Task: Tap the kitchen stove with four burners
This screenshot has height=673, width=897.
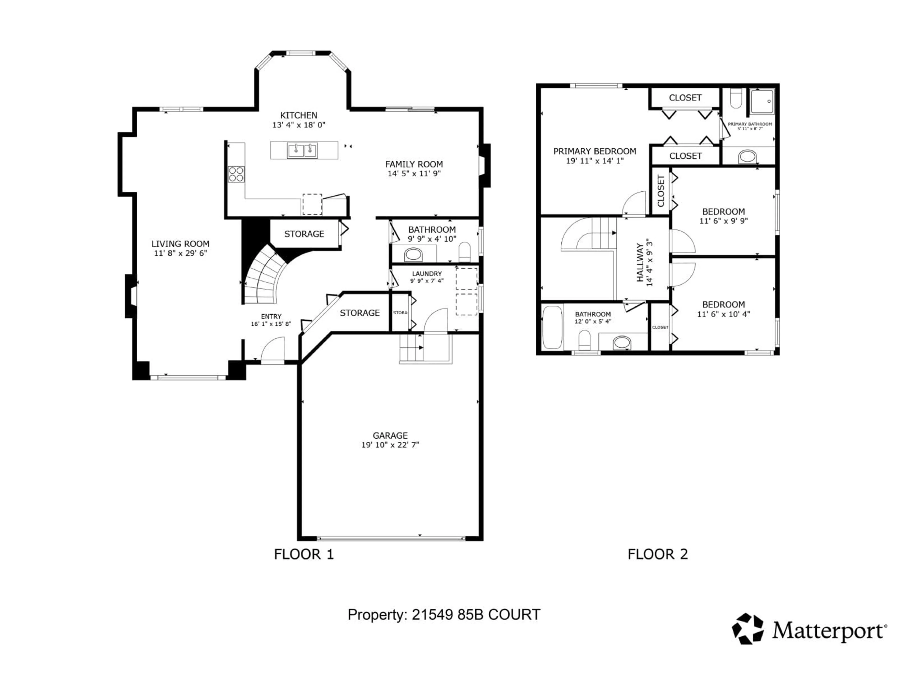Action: click(x=236, y=174)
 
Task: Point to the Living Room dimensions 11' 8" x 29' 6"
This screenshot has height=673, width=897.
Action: click(x=181, y=253)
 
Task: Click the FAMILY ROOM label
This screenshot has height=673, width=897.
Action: click(x=414, y=164)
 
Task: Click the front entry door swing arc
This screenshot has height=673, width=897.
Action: click(x=272, y=349)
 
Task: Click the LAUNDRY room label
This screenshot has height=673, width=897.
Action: click(x=427, y=274)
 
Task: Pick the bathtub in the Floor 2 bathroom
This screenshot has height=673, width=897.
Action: click(x=552, y=328)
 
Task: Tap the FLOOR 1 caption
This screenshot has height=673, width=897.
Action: click(x=304, y=554)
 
